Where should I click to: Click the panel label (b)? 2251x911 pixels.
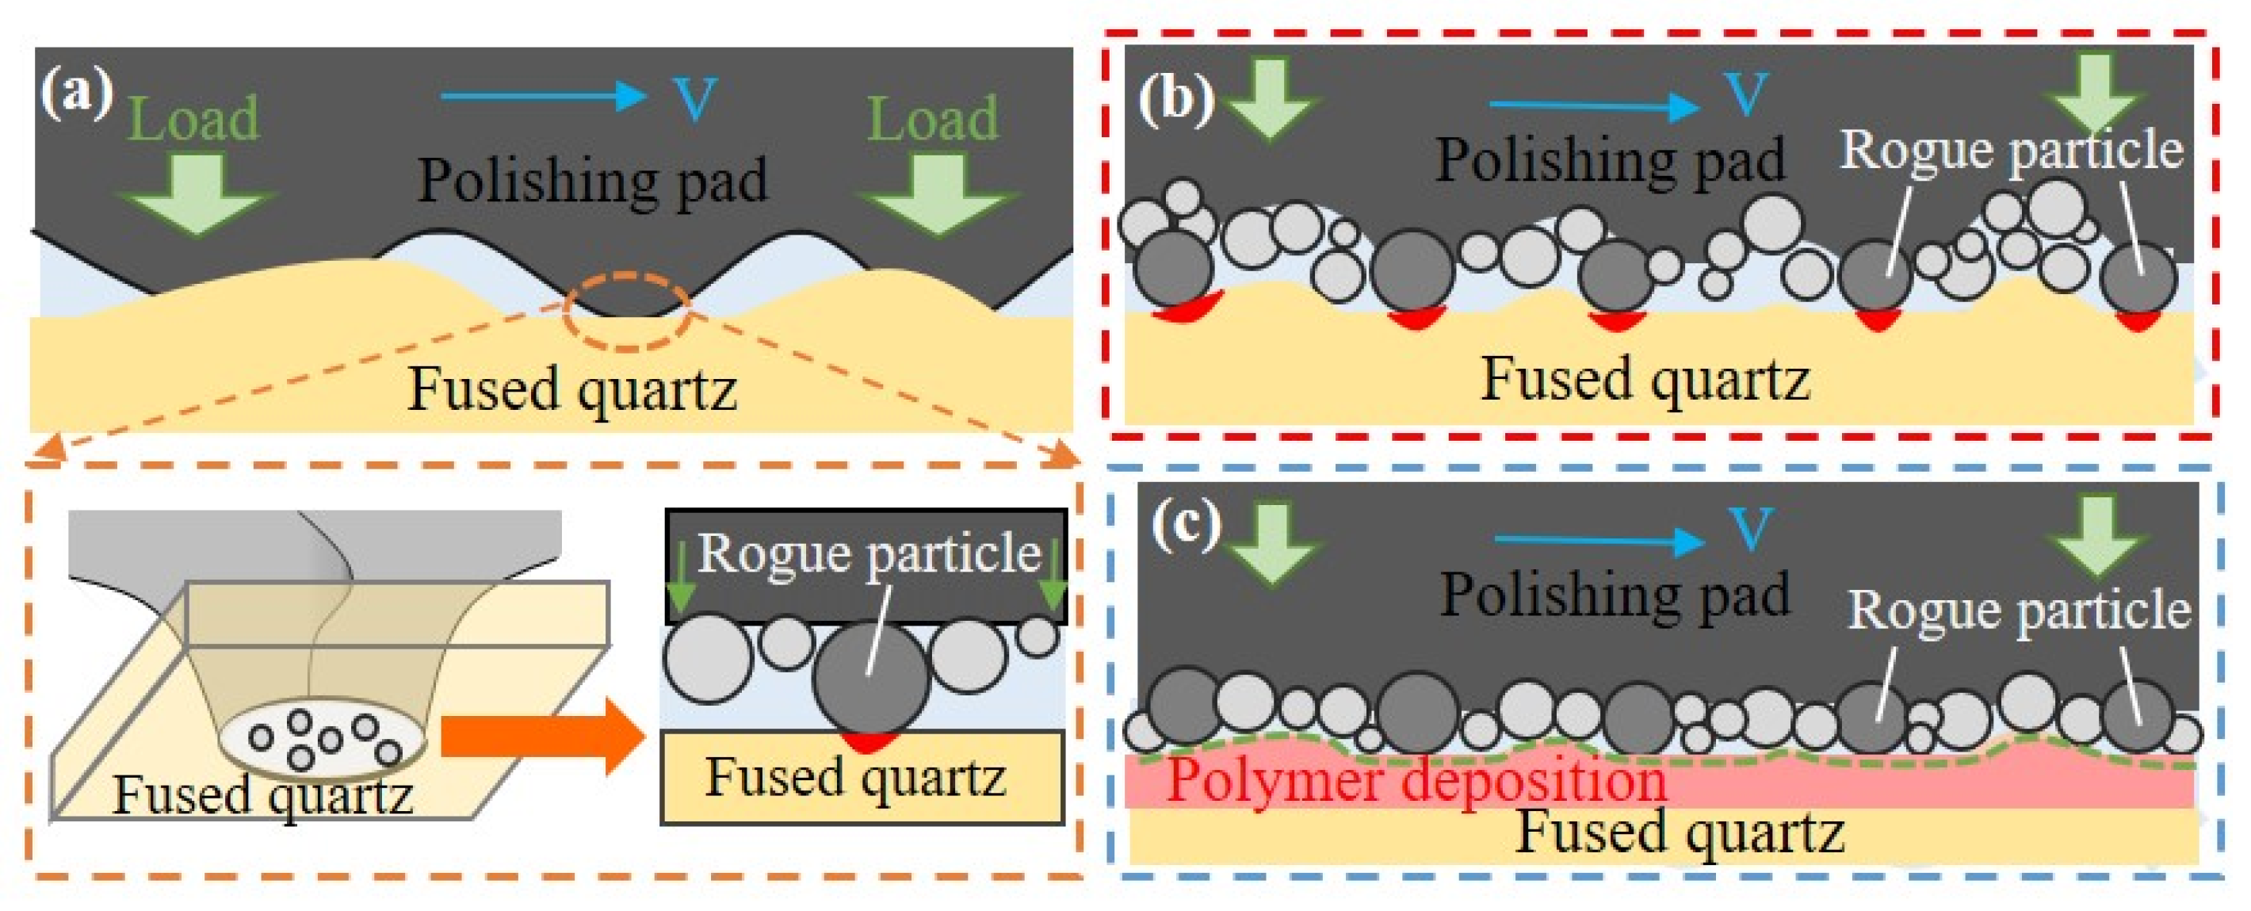click(1175, 98)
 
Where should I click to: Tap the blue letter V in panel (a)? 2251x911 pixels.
click(694, 98)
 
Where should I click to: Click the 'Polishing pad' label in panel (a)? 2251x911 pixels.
click(591, 181)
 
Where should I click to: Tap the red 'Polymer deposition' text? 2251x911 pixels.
click(1416, 780)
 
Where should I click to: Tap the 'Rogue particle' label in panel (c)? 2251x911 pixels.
click(2019, 610)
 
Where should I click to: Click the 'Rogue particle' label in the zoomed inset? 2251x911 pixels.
click(869, 553)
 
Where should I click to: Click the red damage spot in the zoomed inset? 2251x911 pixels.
click(867, 742)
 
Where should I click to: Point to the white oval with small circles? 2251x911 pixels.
click(322, 740)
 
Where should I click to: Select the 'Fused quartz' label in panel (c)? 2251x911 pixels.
click(1680, 833)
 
